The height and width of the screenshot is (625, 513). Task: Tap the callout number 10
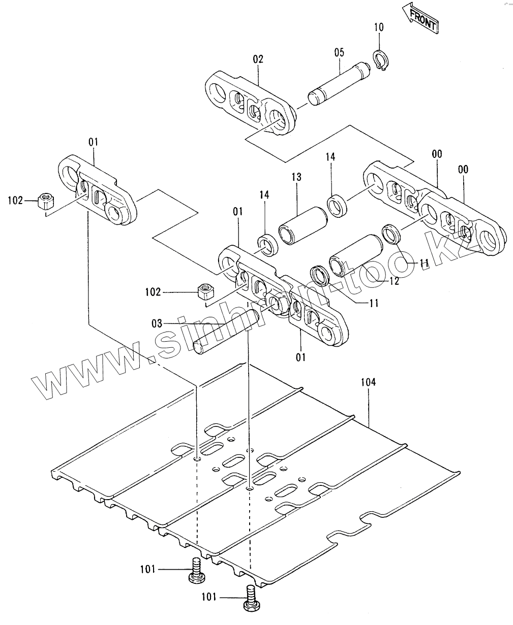click(379, 27)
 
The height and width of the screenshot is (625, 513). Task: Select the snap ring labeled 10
click(381, 61)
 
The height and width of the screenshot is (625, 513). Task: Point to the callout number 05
click(340, 52)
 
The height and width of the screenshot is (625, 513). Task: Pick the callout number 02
click(258, 59)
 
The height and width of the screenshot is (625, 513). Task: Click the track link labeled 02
click(251, 103)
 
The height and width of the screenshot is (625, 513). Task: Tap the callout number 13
click(296, 177)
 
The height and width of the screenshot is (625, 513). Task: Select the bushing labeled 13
click(303, 225)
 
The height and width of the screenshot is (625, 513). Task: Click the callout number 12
click(395, 281)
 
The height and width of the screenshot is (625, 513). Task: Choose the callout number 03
click(157, 323)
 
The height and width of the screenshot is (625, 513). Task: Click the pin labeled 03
click(227, 332)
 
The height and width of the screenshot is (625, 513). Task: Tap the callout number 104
click(368, 382)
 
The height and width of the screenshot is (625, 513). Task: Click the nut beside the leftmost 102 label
click(46, 201)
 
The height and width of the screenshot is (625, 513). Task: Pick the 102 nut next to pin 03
click(205, 292)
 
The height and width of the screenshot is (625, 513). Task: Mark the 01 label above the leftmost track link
click(93, 142)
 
